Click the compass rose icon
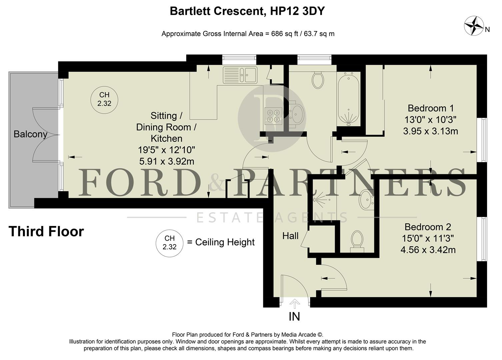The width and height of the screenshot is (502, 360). pos(474,26)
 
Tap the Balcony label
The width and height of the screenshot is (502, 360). pos(30,134)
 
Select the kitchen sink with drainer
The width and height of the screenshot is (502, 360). pos(240,74)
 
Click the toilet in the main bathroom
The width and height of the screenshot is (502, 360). pos(318,79)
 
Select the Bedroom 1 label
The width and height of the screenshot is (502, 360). pos(430,108)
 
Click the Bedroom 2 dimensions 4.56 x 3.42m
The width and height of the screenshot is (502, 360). pos(428,250)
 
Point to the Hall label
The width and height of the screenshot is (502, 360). pos(290,236)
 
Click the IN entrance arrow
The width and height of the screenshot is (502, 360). pos(294,303)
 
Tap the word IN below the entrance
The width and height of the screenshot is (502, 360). pos(294,316)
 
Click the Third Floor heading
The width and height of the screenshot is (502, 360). pos(46,231)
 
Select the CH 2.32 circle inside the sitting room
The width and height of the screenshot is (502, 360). pos(104,99)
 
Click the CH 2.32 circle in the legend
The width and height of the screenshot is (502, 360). pos(170,243)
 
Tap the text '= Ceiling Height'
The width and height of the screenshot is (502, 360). pos(221,242)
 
